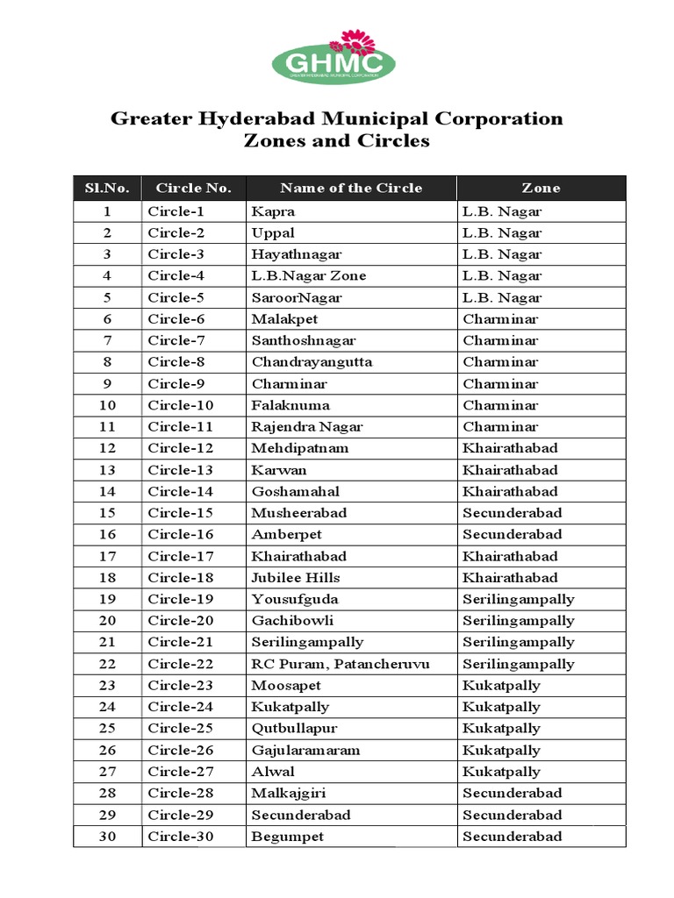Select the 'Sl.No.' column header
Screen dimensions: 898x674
[x=107, y=188]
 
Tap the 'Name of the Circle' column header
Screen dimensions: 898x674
[x=351, y=188]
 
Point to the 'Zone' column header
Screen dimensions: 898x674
[x=541, y=188]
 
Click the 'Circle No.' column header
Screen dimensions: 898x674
[x=193, y=188]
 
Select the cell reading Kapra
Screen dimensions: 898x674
[x=273, y=211]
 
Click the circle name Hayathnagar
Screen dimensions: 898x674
[x=297, y=254]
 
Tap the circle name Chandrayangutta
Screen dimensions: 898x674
[x=312, y=362]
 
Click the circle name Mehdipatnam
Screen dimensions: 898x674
[x=299, y=448]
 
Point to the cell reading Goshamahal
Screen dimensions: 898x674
[x=295, y=491]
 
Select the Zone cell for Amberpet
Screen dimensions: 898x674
[x=513, y=534]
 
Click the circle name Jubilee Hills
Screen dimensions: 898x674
[x=296, y=577]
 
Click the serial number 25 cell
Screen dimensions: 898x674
[x=107, y=728]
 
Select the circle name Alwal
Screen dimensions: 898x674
[x=273, y=772]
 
